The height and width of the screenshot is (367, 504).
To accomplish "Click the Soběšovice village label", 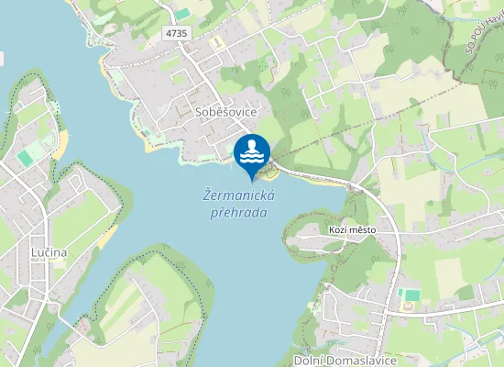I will [x=226, y=110].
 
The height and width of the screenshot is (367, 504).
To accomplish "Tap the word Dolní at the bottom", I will [x=312, y=359].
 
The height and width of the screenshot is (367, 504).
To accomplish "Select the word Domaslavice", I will [x=363, y=359].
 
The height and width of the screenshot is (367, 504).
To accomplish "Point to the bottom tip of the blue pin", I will [x=252, y=180].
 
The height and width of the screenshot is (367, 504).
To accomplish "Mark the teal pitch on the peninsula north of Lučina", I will [x=25, y=158].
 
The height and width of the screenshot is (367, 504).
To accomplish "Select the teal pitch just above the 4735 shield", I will [x=183, y=14].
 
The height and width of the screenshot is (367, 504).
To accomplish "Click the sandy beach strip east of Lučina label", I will [x=107, y=236].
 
